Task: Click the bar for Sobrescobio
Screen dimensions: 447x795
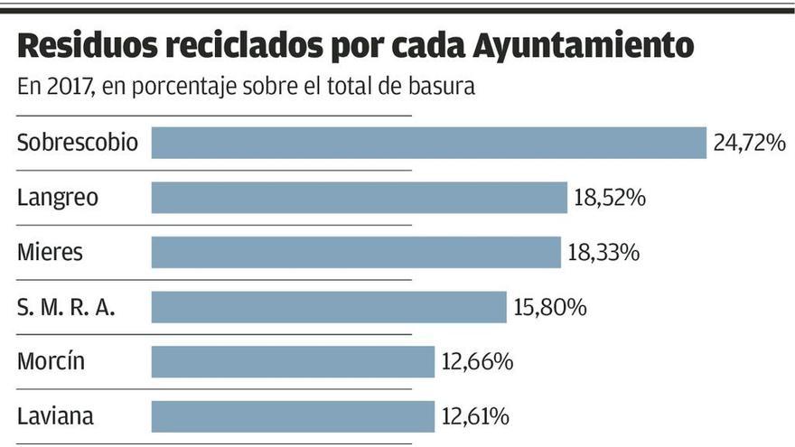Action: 428,143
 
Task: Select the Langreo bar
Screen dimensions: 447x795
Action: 359,198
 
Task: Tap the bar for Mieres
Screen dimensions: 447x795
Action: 356,252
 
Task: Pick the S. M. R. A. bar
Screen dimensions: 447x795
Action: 329,307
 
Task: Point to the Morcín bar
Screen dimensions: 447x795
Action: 293,362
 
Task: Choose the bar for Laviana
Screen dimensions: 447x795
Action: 293,416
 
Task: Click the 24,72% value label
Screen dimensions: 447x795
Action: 749,143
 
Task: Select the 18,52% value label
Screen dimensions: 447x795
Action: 610,198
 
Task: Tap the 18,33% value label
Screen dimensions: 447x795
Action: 604,252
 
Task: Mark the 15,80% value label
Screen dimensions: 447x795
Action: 550,307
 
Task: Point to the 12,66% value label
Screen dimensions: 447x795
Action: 478,362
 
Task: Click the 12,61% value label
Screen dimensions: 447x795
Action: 476,416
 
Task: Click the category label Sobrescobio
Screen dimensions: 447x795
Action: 78,143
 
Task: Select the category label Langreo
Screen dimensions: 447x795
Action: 58,198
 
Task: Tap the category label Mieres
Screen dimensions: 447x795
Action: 50,252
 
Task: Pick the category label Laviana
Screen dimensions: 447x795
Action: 55,416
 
